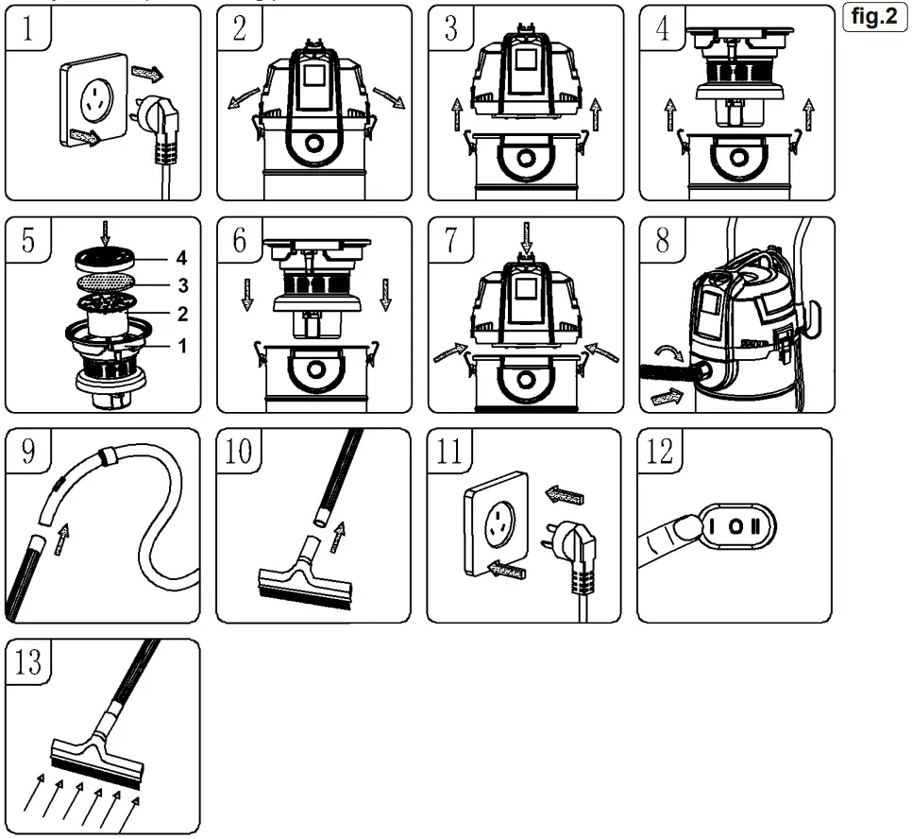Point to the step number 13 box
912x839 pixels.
pyautogui.click(x=29, y=660)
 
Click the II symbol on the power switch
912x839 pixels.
pyautogui.click(x=755, y=524)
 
